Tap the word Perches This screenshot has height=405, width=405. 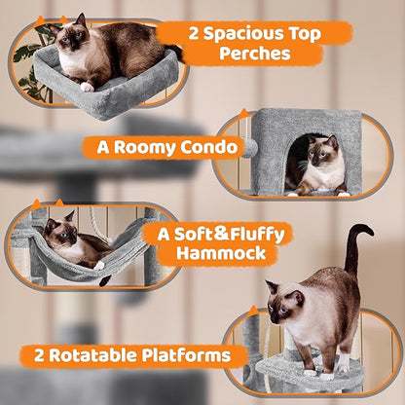pos(255,55)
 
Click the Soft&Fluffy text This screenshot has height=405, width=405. pos(207,234)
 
